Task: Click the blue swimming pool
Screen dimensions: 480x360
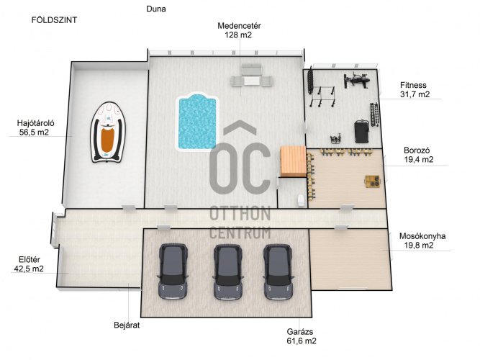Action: pyautogui.click(x=197, y=122)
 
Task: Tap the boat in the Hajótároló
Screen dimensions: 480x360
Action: pyautogui.click(x=108, y=132)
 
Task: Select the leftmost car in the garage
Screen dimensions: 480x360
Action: pyautogui.click(x=173, y=271)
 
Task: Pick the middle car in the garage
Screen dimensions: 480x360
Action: pyautogui.click(x=227, y=271)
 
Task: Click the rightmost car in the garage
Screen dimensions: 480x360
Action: pyautogui.click(x=279, y=271)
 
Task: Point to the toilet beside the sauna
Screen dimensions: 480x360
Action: pyautogui.click(x=301, y=200)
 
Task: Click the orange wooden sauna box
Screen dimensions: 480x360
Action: pyautogui.click(x=294, y=161)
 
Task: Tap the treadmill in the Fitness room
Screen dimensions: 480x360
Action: pyautogui.click(x=362, y=131)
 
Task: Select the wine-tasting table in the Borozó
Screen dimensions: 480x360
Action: pyautogui.click(x=373, y=181)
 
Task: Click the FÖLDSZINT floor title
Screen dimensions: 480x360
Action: pyautogui.click(x=54, y=20)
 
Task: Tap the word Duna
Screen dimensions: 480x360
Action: pyautogui.click(x=156, y=9)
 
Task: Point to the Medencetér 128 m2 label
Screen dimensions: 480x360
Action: pyautogui.click(x=239, y=30)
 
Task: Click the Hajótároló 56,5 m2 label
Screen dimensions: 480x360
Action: pyautogui.click(x=35, y=127)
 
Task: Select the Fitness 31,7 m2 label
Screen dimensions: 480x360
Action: pyautogui.click(x=415, y=90)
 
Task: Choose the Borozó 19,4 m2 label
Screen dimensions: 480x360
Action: pyautogui.click(x=418, y=155)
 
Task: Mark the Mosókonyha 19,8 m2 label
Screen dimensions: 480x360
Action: pyautogui.click(x=422, y=240)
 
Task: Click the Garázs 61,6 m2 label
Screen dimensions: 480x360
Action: pyautogui.click(x=302, y=336)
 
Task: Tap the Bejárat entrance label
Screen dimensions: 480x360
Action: pyautogui.click(x=127, y=325)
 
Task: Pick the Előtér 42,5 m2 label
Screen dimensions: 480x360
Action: pyautogui.click(x=29, y=264)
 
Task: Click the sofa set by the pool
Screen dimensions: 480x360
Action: pyautogui.click(x=252, y=76)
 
